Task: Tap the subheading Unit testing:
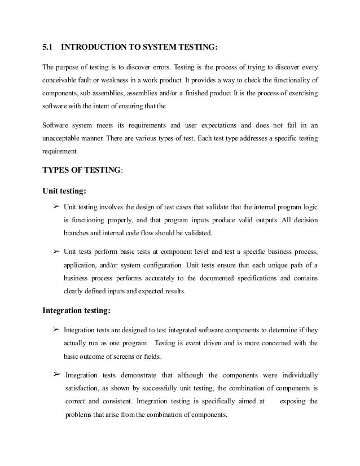pyautogui.click(x=65, y=190)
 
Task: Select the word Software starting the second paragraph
pyautogui.click(x=57, y=125)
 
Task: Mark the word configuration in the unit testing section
pyautogui.click(x=162, y=263)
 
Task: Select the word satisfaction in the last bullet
pyautogui.click(x=82, y=388)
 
